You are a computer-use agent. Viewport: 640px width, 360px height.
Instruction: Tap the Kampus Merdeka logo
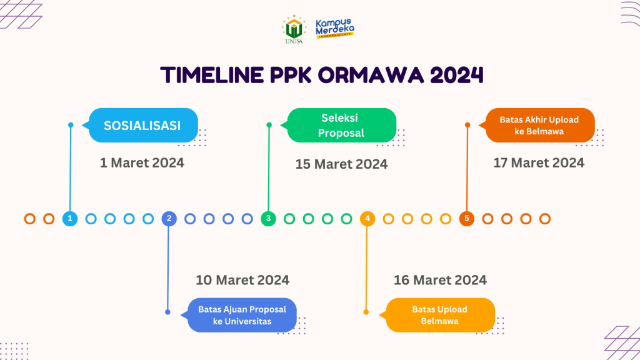pyautogui.click(x=335, y=29)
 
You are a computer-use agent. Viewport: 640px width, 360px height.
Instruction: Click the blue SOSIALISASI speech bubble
pyautogui.click(x=143, y=125)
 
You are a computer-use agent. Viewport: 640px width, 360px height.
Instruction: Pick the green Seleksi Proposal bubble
pyautogui.click(x=341, y=125)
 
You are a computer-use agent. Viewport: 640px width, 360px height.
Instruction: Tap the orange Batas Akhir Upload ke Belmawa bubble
pyautogui.click(x=539, y=125)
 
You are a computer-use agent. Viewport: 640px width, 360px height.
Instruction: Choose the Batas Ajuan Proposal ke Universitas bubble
pyautogui.click(x=242, y=315)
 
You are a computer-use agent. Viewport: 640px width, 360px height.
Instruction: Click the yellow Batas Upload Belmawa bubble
pyautogui.click(x=440, y=315)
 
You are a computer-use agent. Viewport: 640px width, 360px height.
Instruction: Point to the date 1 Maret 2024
pyautogui.click(x=142, y=163)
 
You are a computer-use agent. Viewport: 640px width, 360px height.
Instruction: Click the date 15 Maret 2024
pyautogui.click(x=341, y=164)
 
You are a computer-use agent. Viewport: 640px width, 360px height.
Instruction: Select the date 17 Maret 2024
pyautogui.click(x=539, y=163)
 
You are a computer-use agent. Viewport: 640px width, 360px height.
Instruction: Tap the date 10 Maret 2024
pyautogui.click(x=242, y=280)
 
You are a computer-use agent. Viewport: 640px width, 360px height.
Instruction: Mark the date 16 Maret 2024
pyautogui.click(x=440, y=280)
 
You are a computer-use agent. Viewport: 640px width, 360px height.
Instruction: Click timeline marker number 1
pyautogui.click(x=70, y=219)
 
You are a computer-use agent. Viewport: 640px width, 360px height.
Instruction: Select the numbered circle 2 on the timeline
pyautogui.click(x=169, y=219)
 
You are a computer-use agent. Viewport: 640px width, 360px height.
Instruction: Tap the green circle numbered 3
pyautogui.click(x=268, y=219)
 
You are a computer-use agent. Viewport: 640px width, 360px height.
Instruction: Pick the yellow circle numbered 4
pyautogui.click(x=367, y=219)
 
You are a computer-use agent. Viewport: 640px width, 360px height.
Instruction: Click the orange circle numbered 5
pyautogui.click(x=466, y=219)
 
